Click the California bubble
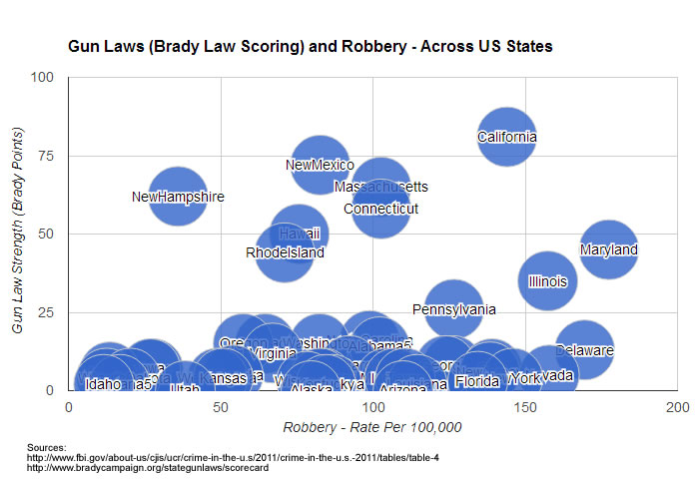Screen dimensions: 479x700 (507, 137)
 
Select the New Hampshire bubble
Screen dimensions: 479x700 (178, 197)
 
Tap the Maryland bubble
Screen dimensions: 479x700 (609, 249)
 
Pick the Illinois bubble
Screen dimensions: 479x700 (547, 281)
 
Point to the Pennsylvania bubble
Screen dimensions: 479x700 (454, 309)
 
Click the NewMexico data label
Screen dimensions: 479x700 (320, 165)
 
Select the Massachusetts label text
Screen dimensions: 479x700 (381, 187)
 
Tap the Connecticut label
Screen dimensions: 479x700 (380, 209)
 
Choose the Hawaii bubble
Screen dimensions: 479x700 (300, 234)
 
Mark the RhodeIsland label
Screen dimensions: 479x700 (285, 252)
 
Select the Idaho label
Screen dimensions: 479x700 (103, 384)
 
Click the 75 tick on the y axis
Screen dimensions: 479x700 (48, 156)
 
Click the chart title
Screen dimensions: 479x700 (310, 46)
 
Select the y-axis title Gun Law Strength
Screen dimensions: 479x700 (17, 234)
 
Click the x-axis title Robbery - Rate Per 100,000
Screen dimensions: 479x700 (372, 427)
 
